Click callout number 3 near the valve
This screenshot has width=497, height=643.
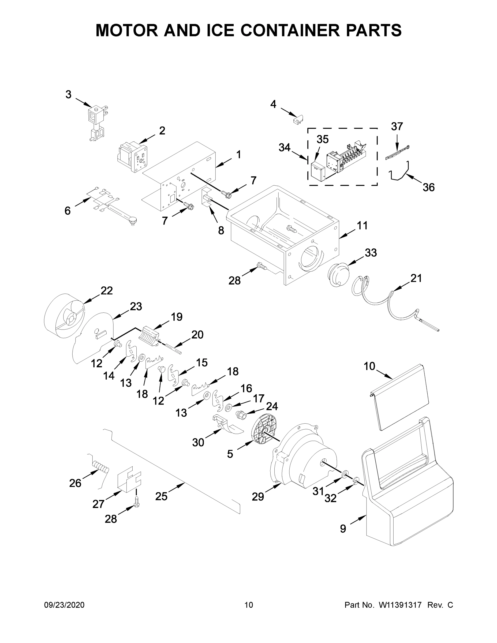click(68, 95)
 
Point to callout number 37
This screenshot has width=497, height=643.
click(397, 127)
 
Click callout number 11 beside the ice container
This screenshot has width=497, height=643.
click(362, 226)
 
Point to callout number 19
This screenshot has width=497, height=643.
click(176, 317)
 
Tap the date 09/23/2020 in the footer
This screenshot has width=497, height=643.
click(64, 605)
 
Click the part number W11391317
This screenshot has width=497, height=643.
click(400, 605)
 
